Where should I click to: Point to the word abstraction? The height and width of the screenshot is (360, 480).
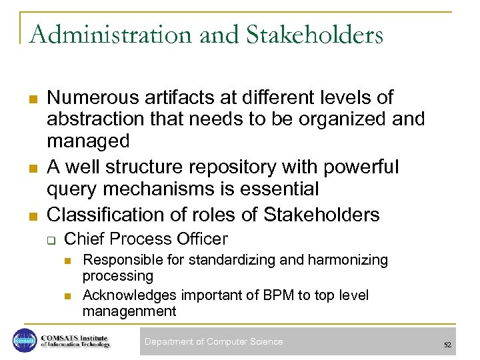(x=92, y=119)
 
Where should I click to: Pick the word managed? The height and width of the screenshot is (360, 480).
(x=88, y=141)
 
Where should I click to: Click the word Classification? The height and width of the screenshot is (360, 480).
(x=104, y=215)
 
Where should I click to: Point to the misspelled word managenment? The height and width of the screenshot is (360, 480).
(x=129, y=311)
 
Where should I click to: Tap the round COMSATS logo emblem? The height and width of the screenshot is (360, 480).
(x=24, y=341)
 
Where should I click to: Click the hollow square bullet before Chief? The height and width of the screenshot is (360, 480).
(x=51, y=239)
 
